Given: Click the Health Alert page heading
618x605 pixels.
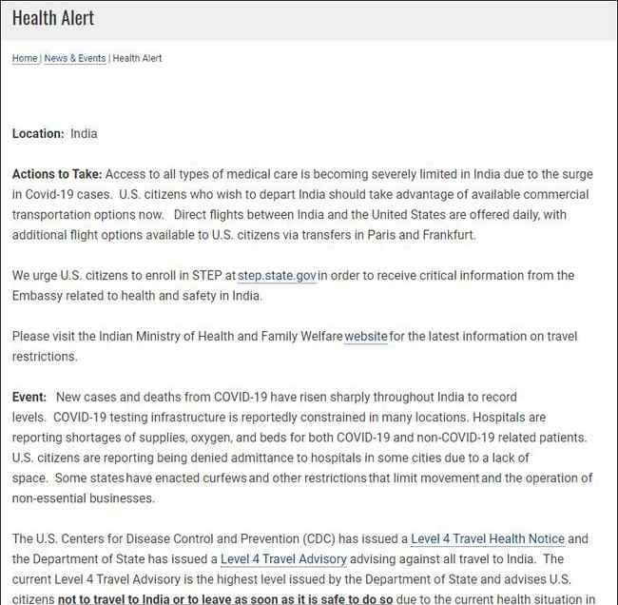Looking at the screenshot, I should pos(53,18).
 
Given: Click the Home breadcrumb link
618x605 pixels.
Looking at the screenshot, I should pos(25,58).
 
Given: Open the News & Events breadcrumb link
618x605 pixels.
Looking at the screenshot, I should pos(75,58).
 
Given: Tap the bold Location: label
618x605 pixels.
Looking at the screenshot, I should pos(38,134).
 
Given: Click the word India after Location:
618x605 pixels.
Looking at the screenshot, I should pos(84,134).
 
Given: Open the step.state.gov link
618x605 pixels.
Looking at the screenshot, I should pos(277,276).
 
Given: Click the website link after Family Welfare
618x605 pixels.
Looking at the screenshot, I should pos(365,337).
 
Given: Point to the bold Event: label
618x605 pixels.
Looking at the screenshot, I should pos(29,397).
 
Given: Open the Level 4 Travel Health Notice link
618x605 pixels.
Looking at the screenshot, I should pos(487,539).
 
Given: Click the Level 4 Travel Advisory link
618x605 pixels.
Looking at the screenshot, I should pos(283,559).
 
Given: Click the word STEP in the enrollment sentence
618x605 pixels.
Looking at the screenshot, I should pos(205,276).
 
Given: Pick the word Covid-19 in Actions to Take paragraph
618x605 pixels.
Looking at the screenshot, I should pos(41,194).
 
